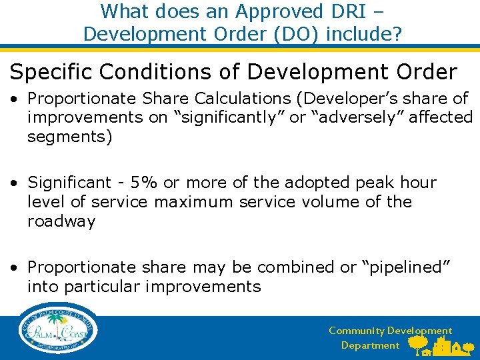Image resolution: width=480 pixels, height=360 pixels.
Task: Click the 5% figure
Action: click(x=145, y=182)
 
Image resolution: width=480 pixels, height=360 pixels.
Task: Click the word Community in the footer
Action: click(x=357, y=331)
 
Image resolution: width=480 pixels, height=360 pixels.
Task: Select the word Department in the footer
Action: click(x=370, y=345)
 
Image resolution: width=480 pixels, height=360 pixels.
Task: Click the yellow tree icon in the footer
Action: click(x=418, y=343)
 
